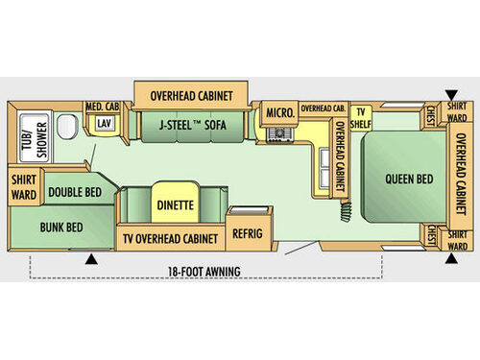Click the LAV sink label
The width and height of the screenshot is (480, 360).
click(x=102, y=124)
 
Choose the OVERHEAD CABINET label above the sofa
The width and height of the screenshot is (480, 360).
click(x=190, y=95)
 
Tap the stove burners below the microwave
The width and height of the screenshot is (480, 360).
click(x=279, y=133)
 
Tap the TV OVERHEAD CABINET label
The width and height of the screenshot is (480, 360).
click(x=169, y=237)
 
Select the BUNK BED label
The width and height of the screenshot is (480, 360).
click(x=60, y=228)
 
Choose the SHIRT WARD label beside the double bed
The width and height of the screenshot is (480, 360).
click(x=23, y=185)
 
